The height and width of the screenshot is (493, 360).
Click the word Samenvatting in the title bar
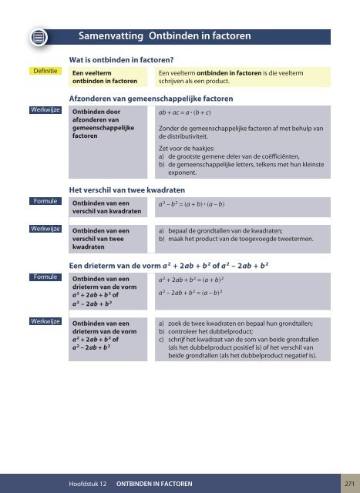click(x=111, y=35)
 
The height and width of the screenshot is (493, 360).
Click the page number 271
click(x=349, y=483)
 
